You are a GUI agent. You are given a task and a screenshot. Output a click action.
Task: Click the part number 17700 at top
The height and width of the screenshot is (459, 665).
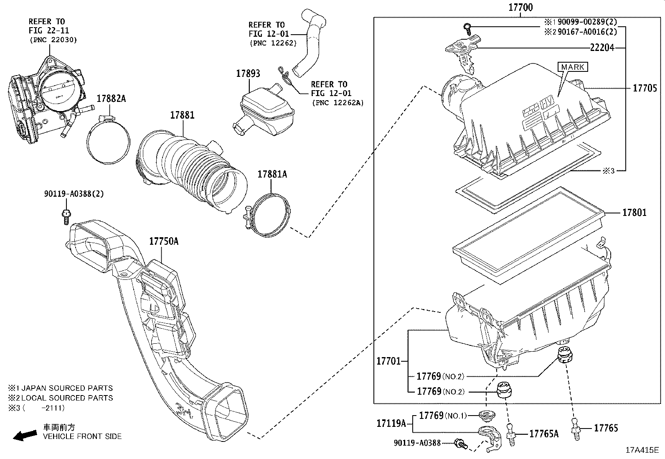(x=520, y=7)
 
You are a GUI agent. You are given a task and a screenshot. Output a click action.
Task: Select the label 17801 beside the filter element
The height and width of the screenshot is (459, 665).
(x=634, y=213)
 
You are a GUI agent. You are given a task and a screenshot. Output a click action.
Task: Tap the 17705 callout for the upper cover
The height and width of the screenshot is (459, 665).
(x=645, y=88)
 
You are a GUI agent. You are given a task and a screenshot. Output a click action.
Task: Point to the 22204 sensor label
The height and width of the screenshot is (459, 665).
(x=602, y=48)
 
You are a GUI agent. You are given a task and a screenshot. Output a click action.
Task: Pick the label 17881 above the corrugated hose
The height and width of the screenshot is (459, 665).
(x=182, y=115)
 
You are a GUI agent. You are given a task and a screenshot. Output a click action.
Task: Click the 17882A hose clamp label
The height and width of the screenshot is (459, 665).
(x=111, y=99)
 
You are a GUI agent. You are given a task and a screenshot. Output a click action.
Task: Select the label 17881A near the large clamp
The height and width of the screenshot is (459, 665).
(x=272, y=174)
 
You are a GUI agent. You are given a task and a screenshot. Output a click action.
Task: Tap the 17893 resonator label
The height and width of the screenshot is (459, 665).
(x=248, y=74)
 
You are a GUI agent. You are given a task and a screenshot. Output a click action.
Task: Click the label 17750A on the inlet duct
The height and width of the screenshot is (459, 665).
(x=164, y=241)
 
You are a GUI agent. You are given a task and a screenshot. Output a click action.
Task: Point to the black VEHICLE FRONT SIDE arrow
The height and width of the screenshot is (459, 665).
(x=25, y=436)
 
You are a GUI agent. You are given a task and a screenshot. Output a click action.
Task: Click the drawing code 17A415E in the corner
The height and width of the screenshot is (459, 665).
(x=641, y=450)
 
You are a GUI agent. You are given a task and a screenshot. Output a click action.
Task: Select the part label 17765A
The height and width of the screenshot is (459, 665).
(x=543, y=434)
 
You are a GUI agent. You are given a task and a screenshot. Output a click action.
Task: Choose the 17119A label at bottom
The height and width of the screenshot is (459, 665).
(x=391, y=423)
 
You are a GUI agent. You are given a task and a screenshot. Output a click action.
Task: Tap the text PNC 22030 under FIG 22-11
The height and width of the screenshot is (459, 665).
(x=53, y=40)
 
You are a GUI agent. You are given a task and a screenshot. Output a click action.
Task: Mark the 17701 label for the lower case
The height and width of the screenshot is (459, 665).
(x=388, y=361)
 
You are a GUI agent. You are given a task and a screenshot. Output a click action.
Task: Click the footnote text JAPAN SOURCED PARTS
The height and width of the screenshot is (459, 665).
(x=67, y=388)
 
